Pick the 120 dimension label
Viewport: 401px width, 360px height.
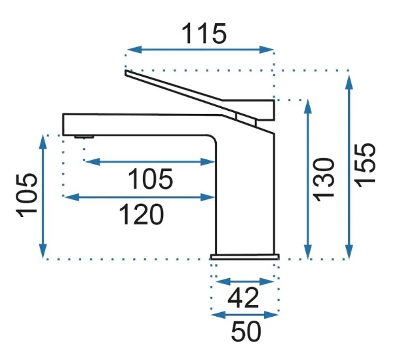[x=140, y=214]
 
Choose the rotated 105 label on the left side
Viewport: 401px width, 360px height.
[x=26, y=195]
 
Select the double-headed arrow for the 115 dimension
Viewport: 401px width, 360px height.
[x=200, y=49]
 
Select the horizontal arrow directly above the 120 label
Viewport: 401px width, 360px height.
[x=140, y=196]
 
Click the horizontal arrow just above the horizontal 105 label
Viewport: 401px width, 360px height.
[x=150, y=161]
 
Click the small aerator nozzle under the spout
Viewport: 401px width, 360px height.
[x=84, y=136]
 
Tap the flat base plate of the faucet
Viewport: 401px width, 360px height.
[x=244, y=255]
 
